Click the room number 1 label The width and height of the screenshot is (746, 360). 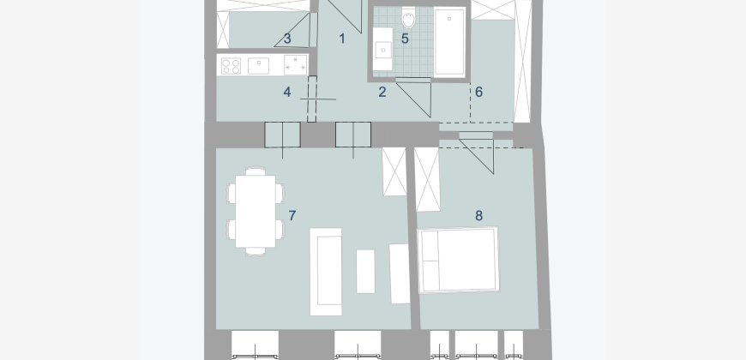[341, 39]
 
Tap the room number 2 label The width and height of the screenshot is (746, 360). [382, 93]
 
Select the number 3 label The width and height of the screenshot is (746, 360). [287, 39]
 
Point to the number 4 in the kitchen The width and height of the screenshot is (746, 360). [287, 93]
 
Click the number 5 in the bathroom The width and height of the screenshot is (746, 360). [405, 39]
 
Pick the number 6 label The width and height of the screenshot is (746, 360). [478, 93]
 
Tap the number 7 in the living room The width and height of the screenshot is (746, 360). [292, 216]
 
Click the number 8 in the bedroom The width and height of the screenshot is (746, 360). [478, 216]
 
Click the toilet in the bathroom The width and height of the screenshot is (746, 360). [408, 18]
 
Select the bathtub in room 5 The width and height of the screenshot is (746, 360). [449, 42]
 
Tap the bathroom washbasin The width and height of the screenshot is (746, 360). [382, 49]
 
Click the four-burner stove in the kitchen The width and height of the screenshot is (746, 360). [231, 66]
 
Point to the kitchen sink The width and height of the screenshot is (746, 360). [258, 66]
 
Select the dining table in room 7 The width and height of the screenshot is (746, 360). [256, 212]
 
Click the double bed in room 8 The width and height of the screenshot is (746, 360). [459, 260]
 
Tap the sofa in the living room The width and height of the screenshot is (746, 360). [326, 272]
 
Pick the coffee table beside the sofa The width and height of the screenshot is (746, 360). [365, 272]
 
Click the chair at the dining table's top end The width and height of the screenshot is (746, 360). [256, 171]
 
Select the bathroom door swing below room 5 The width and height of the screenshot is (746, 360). [414, 98]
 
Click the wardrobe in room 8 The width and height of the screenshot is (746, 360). [427, 179]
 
